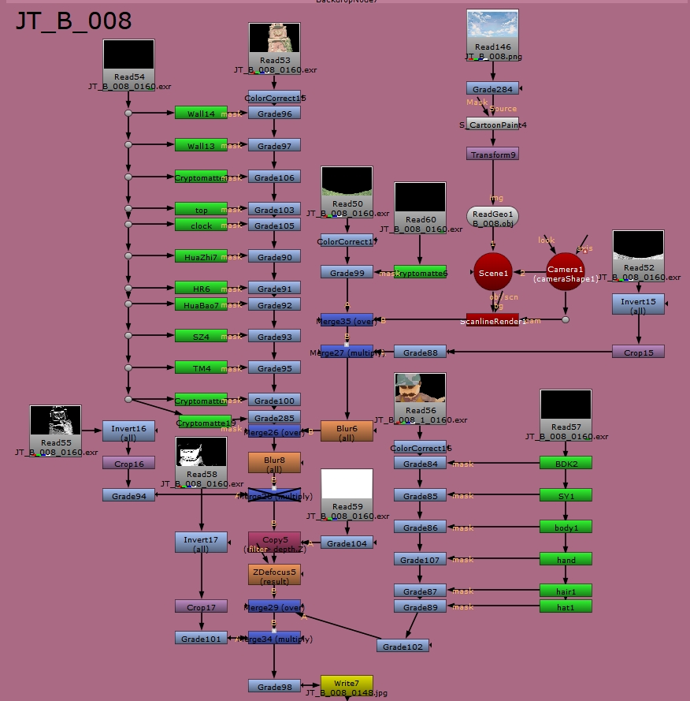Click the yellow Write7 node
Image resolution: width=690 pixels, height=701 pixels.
[x=347, y=683]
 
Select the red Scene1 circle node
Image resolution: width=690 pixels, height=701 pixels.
[x=493, y=271]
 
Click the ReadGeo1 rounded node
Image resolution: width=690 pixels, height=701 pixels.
[x=492, y=217]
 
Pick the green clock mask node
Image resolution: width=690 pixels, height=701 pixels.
[x=201, y=226]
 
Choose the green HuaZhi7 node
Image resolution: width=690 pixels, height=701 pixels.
[x=201, y=257]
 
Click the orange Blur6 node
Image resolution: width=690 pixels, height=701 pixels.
[x=347, y=431]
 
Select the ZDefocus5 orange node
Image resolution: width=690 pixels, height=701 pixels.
[x=274, y=575]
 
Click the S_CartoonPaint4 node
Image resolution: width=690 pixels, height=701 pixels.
[x=492, y=125]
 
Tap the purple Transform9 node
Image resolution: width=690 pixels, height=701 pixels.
[x=492, y=155]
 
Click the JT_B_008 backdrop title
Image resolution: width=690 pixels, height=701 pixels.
[x=73, y=21]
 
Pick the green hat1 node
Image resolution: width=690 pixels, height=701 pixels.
[x=566, y=607]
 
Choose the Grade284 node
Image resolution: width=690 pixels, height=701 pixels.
[x=492, y=89]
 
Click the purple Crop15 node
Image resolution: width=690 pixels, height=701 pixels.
[x=638, y=352]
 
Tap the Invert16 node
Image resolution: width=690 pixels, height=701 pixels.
[x=128, y=431]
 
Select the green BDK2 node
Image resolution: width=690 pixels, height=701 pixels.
[x=566, y=464]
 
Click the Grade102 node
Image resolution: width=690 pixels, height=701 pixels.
[x=402, y=647]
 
